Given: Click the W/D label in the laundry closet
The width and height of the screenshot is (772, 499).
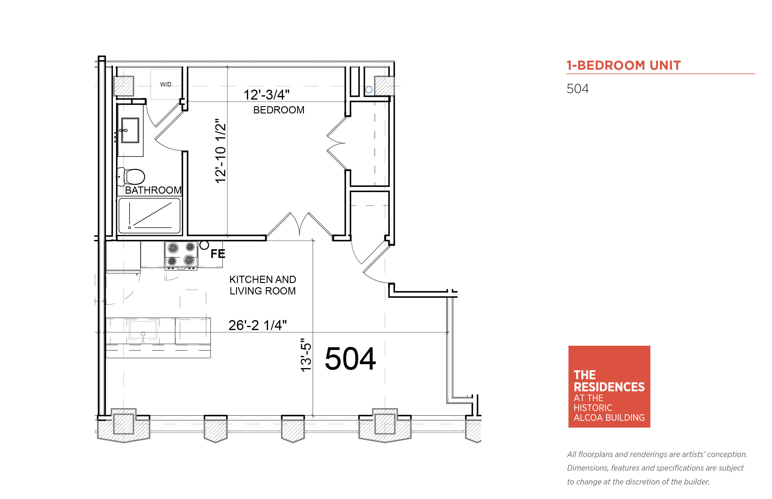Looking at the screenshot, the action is point(166,84).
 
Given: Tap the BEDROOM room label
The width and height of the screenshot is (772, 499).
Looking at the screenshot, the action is point(279,110).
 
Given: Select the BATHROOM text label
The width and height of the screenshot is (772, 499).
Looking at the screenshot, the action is point(153,190).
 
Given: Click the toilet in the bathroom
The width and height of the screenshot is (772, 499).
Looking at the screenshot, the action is point(131,176).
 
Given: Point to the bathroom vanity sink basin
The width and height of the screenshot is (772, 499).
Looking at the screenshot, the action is point(130,130).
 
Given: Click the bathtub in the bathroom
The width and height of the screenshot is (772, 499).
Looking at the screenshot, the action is point(149,215).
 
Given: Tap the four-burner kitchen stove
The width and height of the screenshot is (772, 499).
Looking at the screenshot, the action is point(181,256).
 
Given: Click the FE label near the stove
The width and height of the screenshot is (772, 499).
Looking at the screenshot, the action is point(218,254).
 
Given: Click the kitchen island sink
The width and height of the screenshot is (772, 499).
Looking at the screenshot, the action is point(143,330).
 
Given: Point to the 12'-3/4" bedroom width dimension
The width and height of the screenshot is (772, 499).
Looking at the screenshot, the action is point(266,95).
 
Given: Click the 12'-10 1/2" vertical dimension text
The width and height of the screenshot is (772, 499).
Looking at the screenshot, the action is point(220,151).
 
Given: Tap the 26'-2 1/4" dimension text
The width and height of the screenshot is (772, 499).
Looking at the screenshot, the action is point(258,325).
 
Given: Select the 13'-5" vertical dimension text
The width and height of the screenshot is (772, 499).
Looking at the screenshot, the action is point(306,355).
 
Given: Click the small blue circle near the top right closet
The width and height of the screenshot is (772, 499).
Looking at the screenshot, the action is point(369,90).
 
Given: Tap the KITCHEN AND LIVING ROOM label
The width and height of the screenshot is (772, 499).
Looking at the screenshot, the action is point(263,285).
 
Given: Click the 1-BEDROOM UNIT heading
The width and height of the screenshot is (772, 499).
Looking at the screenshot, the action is point(624,65).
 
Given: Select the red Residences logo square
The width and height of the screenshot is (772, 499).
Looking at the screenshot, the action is point(609,386).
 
